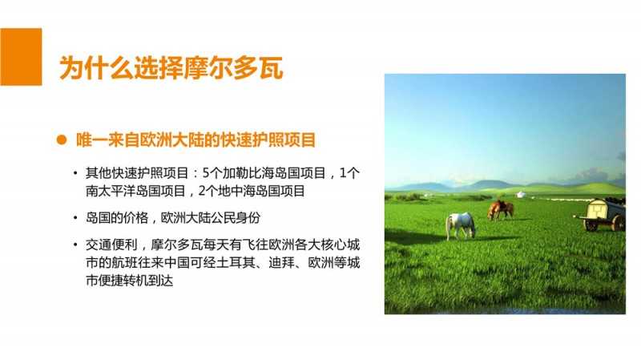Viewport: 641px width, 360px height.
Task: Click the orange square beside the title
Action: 21,57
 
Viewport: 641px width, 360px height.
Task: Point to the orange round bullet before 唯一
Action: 62,140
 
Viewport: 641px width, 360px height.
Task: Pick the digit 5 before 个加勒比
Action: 206,173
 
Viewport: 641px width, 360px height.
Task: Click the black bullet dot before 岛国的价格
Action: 75,217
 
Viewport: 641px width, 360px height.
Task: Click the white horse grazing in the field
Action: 460,225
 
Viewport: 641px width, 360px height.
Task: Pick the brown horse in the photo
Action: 500,209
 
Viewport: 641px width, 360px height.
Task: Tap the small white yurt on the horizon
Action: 521,194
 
